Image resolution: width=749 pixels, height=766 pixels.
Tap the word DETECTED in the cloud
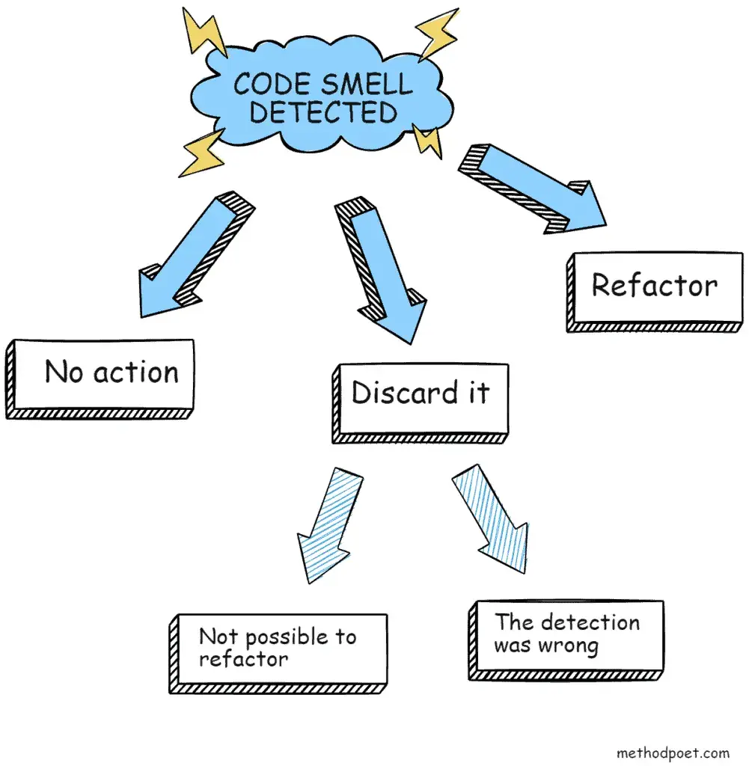coord(322,112)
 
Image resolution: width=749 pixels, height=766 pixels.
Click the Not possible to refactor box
coord(278,649)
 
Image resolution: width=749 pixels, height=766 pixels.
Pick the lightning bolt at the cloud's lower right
coord(428,140)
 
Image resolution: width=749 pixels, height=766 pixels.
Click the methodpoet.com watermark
coord(672,753)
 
